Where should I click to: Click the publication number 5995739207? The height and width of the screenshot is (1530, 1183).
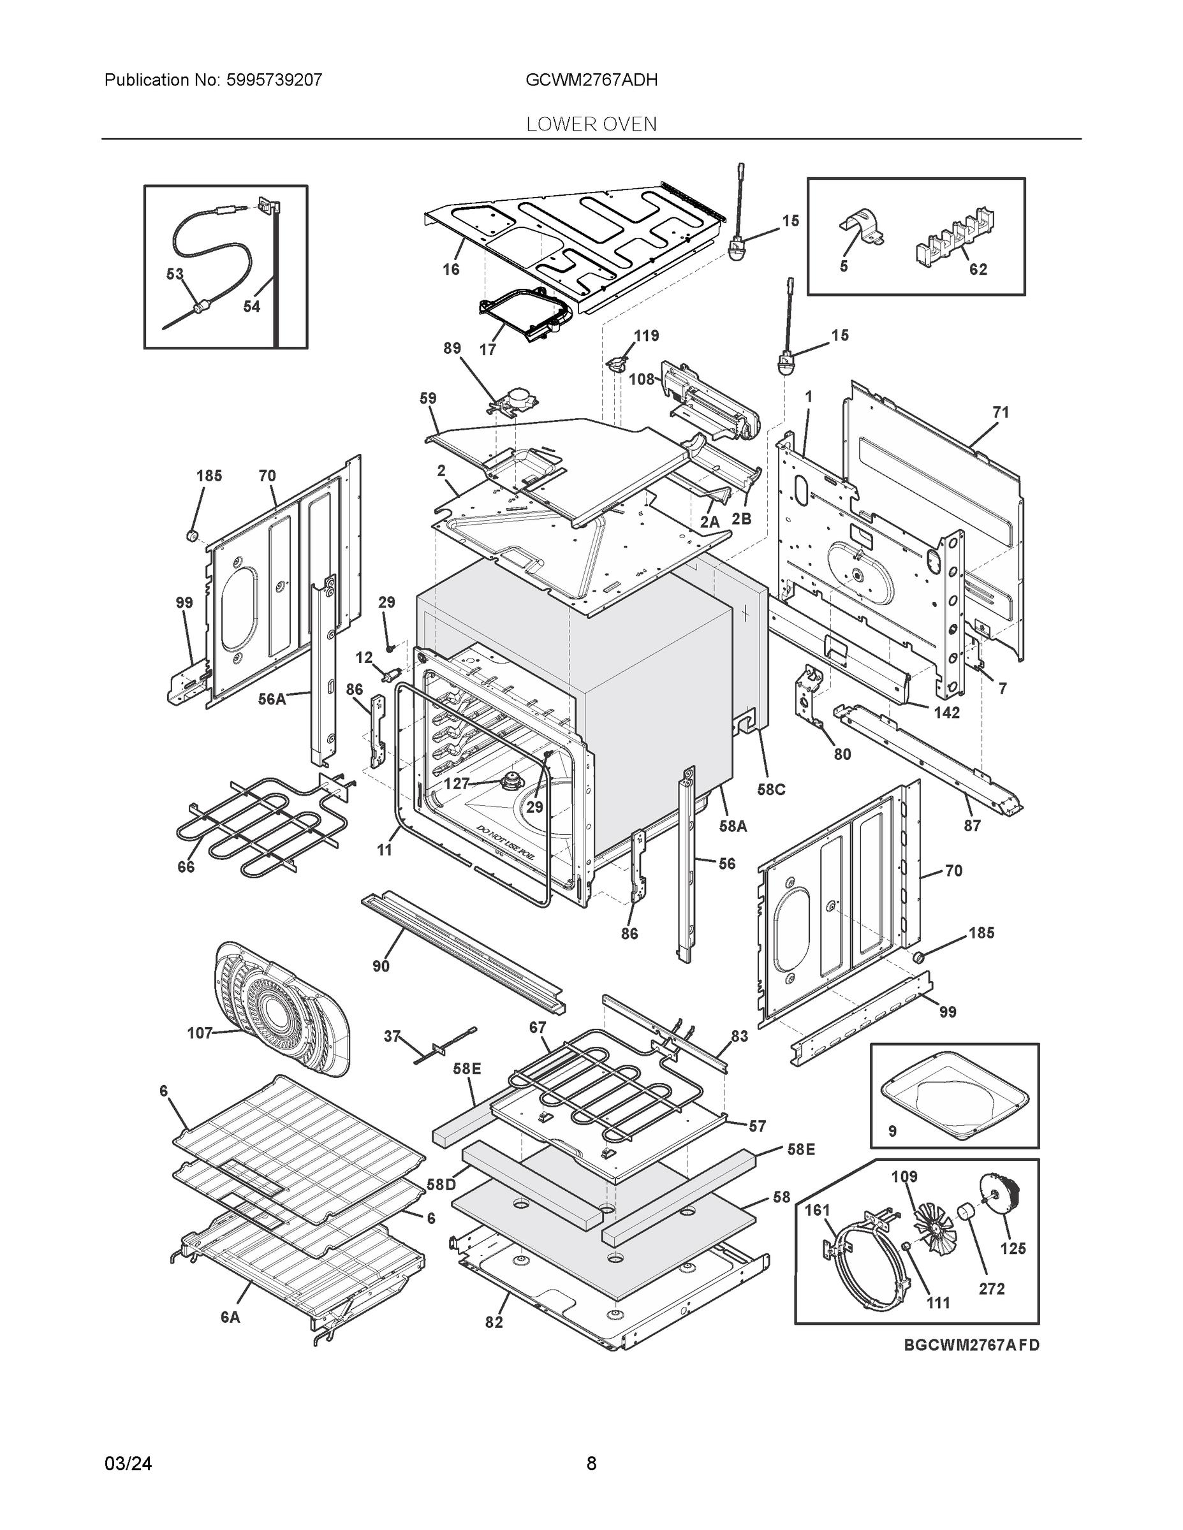click(x=274, y=80)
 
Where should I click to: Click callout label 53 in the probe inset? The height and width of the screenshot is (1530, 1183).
click(x=175, y=275)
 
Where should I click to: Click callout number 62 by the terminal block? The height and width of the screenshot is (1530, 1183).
click(x=978, y=270)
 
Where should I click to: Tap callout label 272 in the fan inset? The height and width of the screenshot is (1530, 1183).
click(x=992, y=1288)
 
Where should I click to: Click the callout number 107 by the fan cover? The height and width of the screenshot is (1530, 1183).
click(x=200, y=1033)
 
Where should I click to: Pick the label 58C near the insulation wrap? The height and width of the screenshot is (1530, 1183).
click(x=771, y=789)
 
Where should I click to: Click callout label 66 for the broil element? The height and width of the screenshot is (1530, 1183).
click(x=186, y=866)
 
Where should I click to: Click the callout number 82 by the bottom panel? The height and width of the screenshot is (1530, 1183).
click(x=494, y=1322)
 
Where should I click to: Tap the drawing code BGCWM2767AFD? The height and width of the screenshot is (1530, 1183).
click(x=971, y=1345)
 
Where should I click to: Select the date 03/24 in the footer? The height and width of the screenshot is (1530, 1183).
click(x=128, y=1464)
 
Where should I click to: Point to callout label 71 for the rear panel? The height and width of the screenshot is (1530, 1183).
click(x=1001, y=412)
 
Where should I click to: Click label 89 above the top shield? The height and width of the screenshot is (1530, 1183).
click(x=452, y=348)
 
